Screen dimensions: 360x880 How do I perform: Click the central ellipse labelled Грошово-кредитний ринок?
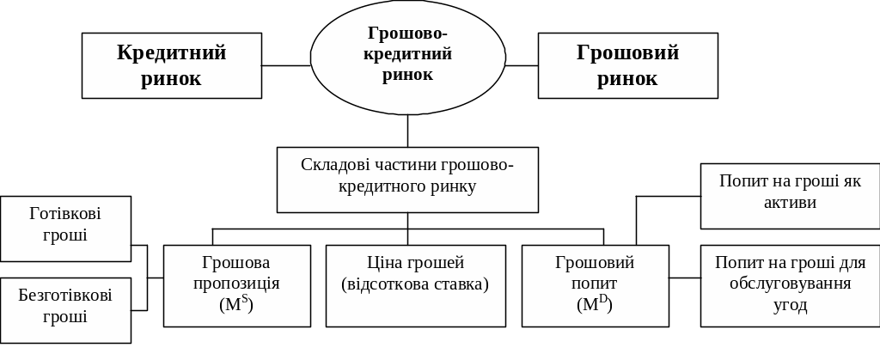(407, 57)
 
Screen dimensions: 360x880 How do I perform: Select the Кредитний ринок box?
(171, 65)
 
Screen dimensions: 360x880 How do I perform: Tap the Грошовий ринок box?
(627, 65)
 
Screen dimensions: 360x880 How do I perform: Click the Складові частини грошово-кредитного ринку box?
(407, 180)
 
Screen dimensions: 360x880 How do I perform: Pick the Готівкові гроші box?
(65, 228)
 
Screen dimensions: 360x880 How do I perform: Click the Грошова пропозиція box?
(236, 285)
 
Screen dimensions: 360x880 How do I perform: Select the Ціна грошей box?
(415, 285)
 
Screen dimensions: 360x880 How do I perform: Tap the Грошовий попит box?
(595, 285)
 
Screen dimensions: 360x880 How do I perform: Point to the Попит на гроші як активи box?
(789, 197)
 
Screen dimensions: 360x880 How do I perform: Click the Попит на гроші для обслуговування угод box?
(789, 285)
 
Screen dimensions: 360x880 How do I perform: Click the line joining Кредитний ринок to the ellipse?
(285, 65)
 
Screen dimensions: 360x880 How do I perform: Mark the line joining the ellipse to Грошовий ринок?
(522, 65)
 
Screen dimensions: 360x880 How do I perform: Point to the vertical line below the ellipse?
(407, 131)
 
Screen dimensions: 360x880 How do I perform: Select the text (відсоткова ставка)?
(415, 284)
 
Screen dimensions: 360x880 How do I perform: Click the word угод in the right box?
(790, 305)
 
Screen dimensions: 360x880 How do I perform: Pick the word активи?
(790, 203)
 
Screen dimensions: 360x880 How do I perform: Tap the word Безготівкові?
(65, 296)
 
